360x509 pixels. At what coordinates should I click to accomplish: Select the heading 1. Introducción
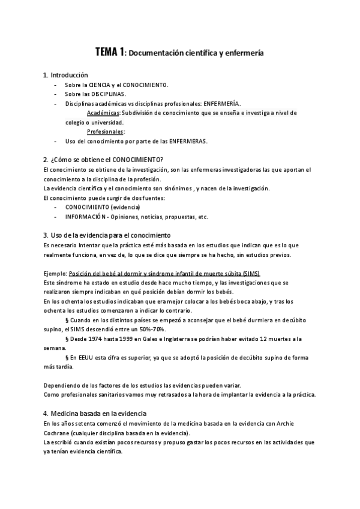coord(65,75)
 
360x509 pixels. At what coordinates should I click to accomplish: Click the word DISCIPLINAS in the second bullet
coord(104,94)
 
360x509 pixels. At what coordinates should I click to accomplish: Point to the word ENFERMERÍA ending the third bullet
coord(221,104)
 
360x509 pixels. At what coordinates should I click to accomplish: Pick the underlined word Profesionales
coord(105,131)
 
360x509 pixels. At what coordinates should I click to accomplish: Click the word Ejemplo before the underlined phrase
coord(55,273)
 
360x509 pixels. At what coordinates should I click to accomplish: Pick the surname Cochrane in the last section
coord(58,433)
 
